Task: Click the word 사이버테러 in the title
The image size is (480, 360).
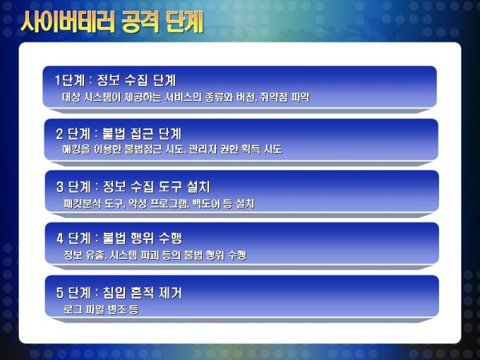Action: click(x=67, y=22)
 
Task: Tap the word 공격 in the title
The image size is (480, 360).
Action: click(x=140, y=22)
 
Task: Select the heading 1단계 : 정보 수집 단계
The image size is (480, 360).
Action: click(x=115, y=80)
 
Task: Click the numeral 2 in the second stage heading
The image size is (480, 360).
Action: click(x=59, y=134)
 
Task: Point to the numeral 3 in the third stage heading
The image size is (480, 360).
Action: click(x=60, y=187)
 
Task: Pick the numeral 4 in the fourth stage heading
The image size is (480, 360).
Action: click(x=60, y=239)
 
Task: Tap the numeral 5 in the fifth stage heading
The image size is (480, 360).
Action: click(x=60, y=292)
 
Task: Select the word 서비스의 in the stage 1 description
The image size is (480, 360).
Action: click(x=184, y=97)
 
